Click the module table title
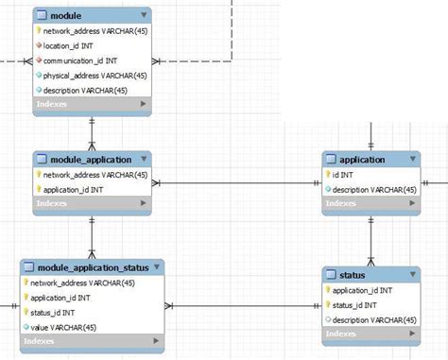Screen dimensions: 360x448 67,15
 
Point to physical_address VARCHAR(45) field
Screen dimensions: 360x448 95,75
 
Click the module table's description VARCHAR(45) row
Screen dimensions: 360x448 86,90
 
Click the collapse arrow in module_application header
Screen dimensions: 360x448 143,160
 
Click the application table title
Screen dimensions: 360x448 362,160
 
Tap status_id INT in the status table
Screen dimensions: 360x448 356,305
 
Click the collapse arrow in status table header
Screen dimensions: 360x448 412,275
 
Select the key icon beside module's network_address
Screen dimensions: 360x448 39,30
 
